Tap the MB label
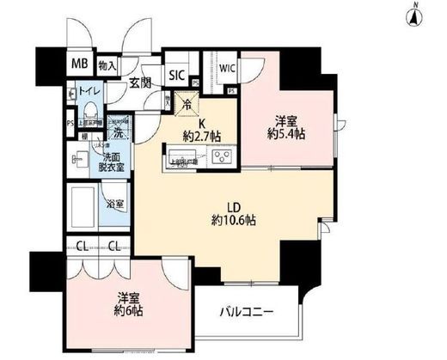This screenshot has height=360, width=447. click(x=78, y=64)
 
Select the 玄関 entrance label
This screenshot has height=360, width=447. click(x=141, y=82)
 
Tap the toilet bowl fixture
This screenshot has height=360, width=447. click(x=90, y=112)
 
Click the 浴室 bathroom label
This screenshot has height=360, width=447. click(x=115, y=204)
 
